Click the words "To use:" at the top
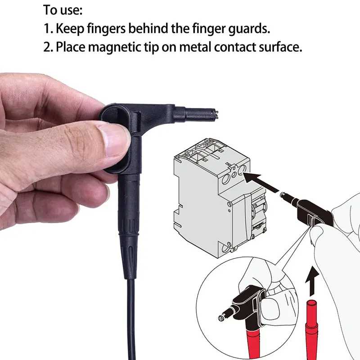click(63, 10)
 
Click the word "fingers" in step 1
click(106, 29)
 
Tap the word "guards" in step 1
click(249, 29)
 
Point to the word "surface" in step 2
click(280, 47)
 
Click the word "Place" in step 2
click(70, 47)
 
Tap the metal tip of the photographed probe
click(216, 114)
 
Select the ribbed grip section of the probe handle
click(129, 226)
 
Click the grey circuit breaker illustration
click(219, 198)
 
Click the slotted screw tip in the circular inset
click(220, 318)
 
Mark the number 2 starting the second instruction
click(47, 47)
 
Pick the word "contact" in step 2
click(235, 47)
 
